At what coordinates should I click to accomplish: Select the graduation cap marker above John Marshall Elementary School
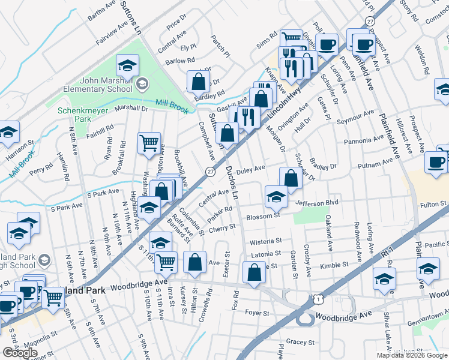coord(127,65)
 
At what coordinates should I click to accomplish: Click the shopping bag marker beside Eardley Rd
coord(197,82)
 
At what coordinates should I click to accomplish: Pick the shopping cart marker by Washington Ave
coord(149,143)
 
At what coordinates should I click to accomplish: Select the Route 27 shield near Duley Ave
coord(210,172)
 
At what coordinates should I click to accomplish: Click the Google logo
coord(20,353)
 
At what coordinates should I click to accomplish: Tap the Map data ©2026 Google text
coord(412,355)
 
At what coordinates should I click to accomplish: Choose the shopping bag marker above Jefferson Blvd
coord(291,178)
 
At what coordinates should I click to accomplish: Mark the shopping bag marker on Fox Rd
coord(255,272)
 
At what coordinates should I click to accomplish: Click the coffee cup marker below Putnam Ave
coord(436,162)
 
